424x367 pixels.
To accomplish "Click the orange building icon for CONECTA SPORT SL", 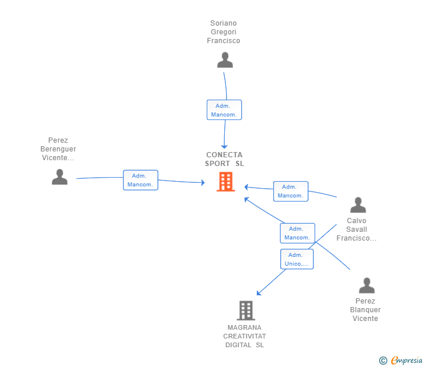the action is click(225, 182).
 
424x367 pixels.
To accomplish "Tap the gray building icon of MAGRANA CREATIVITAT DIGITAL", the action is click(246, 310).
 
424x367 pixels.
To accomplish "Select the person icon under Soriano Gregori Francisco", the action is click(225, 60).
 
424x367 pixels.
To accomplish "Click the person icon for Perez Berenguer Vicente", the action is click(59, 177).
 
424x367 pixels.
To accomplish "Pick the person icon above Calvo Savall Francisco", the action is click(358, 204).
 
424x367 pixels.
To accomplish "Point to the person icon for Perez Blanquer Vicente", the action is click(367, 285).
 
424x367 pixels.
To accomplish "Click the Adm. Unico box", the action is click(297, 259).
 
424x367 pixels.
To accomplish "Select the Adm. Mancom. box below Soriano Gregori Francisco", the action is click(224, 110).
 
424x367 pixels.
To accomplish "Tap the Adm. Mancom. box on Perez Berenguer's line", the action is click(140, 180).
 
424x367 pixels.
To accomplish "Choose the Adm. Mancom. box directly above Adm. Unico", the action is click(298, 233).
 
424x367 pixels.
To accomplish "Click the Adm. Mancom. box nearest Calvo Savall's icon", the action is click(291, 191).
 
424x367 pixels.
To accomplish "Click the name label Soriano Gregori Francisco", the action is click(224, 32).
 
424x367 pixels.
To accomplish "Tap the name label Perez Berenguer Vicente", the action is click(58, 149).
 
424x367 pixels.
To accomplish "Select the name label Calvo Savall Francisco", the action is click(356, 230).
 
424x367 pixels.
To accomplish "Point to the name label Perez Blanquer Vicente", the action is click(365, 310).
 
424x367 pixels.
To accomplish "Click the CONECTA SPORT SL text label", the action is click(224, 159).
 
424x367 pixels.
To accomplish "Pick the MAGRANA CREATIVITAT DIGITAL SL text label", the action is click(245, 336).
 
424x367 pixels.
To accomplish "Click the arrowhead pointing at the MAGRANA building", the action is click(259, 293).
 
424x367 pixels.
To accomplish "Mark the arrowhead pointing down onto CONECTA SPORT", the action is click(224, 147).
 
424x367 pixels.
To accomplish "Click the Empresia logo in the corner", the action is click(401, 361).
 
